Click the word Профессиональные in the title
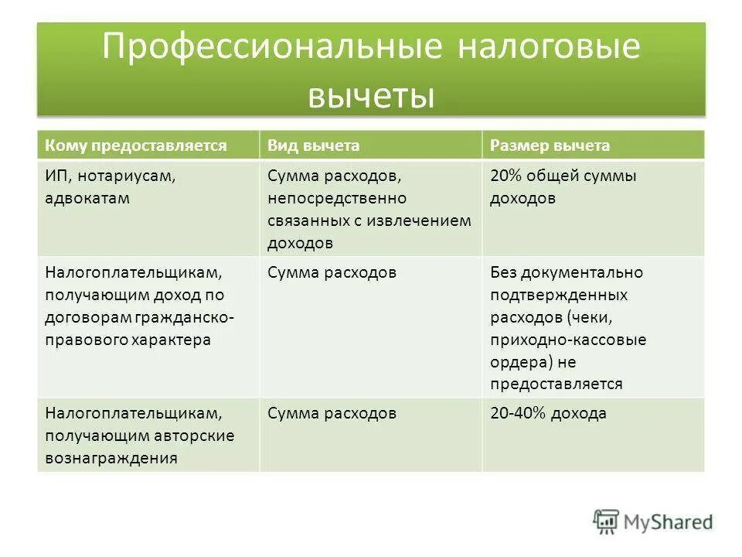click(x=271, y=48)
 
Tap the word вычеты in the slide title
click(x=370, y=97)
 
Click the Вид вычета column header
click(x=313, y=145)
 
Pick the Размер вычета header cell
click(x=550, y=145)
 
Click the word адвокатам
click(x=87, y=198)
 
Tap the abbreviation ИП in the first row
click(x=56, y=176)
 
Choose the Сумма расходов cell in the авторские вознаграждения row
click(x=332, y=414)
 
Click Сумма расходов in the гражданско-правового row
click(x=332, y=272)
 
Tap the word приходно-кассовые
click(x=567, y=340)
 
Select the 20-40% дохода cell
click(x=548, y=414)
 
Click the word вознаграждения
click(x=111, y=458)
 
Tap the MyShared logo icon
click(x=606, y=521)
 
